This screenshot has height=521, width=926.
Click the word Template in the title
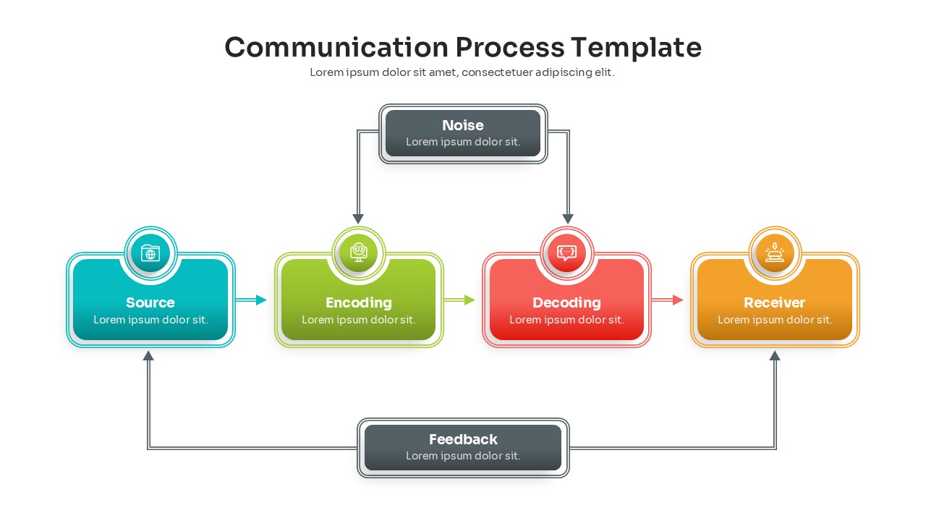pos(636,47)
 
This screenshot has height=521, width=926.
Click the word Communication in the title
pos(336,47)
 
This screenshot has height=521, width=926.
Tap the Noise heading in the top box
pos(463,125)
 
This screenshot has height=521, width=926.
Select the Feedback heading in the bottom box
pos(463,439)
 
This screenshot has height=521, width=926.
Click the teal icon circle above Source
pos(150,253)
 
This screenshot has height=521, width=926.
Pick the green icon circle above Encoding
pos(359,253)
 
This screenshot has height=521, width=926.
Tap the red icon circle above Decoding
pos(567,253)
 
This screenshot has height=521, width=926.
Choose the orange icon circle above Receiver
pos(775,253)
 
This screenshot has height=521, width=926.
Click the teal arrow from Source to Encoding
pos(251,300)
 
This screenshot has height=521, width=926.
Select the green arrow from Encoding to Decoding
pos(459,300)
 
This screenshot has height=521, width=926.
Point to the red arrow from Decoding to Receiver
pos(668,300)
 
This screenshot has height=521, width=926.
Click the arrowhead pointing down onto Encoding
pos(358,219)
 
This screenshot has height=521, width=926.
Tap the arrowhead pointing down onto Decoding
pos(568,219)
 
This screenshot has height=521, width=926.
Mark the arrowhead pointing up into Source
pos(148,355)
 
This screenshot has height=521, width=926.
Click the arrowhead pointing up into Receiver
pos(775,355)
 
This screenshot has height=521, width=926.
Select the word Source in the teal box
pos(150,302)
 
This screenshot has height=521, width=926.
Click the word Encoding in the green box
pos(359,302)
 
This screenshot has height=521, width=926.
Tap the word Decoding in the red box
pos(567,302)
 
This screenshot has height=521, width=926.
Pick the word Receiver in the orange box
pos(775,302)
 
